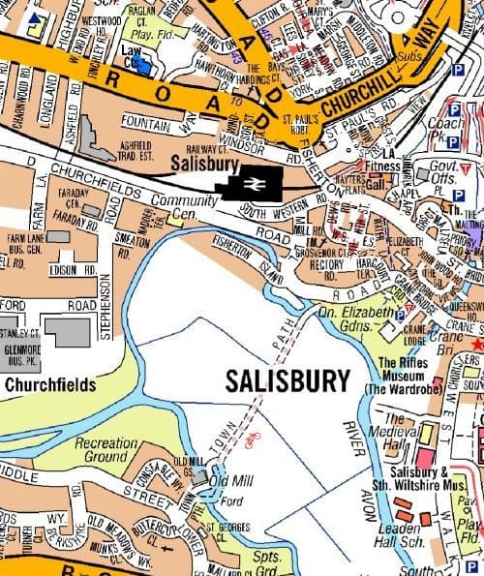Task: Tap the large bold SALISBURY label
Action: coord(287,381)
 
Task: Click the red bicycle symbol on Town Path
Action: coord(253,439)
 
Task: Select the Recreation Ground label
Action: coord(106,449)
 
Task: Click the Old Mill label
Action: coord(231,481)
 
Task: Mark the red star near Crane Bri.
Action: coord(476,344)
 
